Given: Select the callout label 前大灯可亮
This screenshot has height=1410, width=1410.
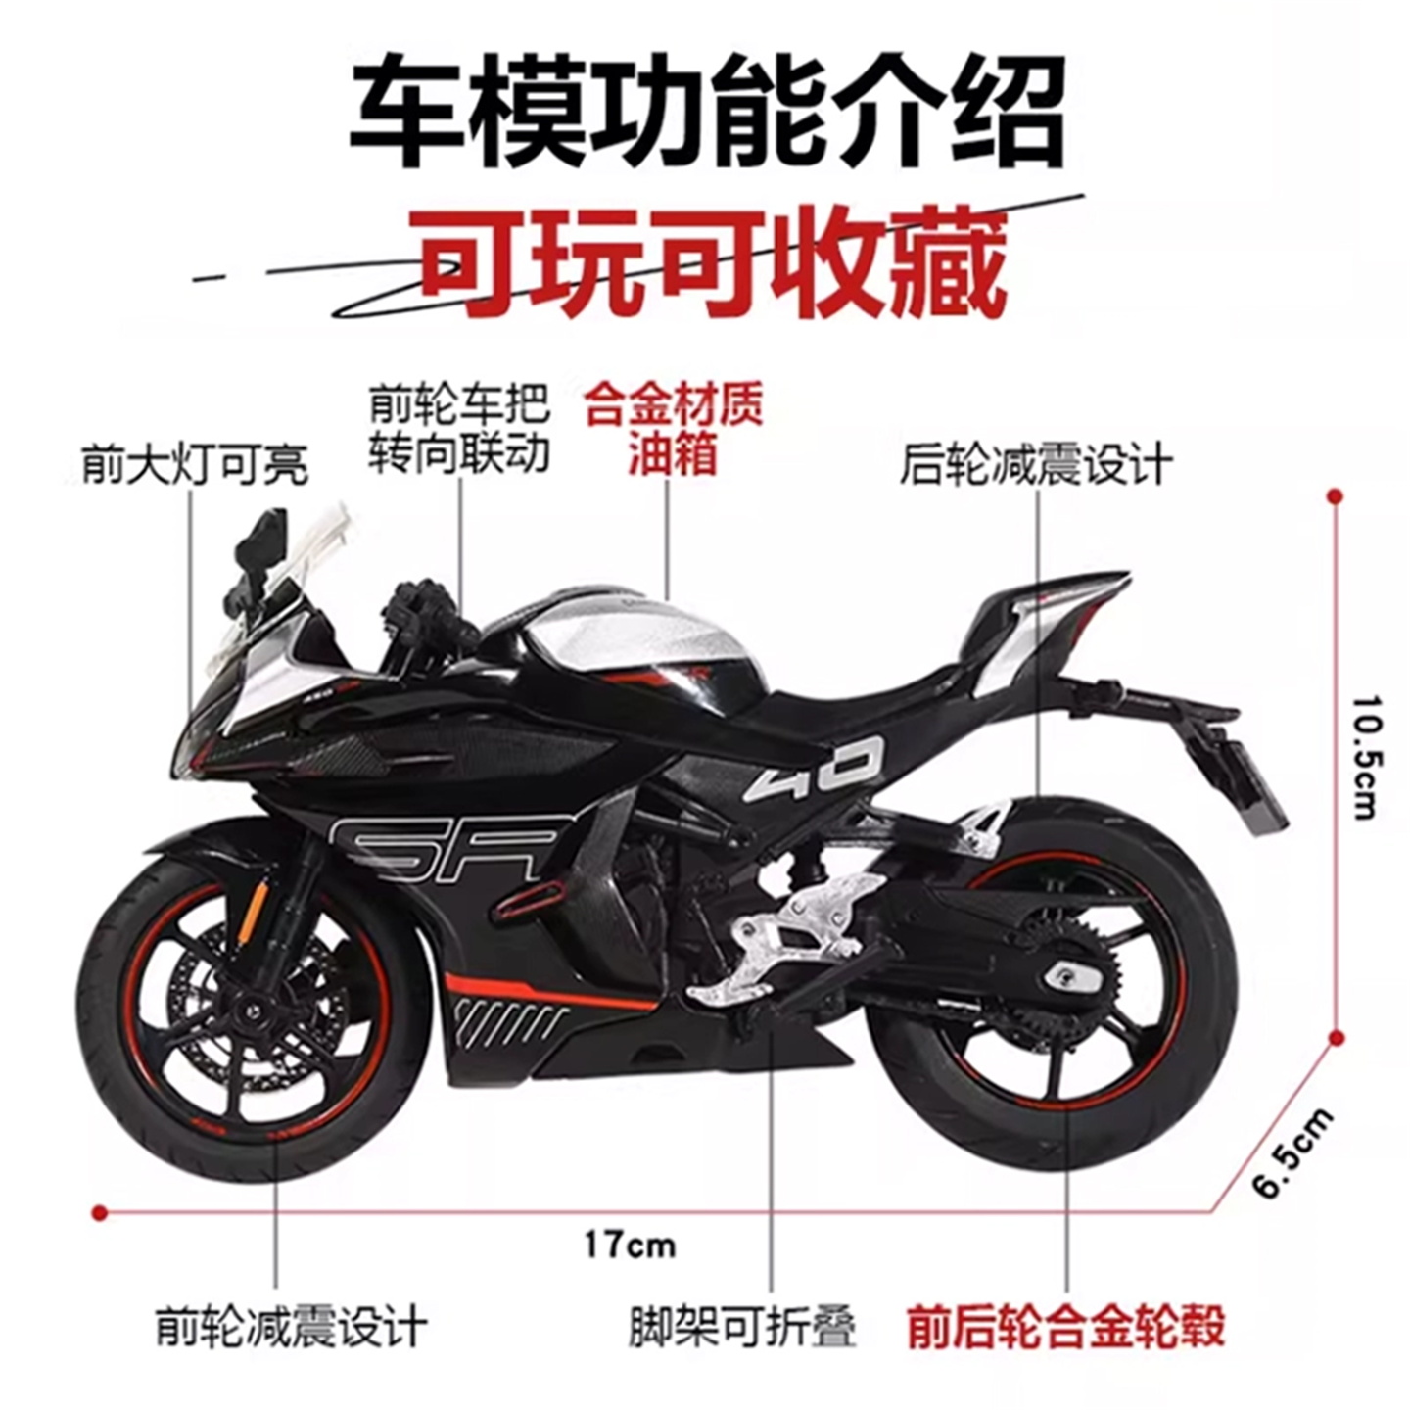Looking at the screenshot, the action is tap(195, 464).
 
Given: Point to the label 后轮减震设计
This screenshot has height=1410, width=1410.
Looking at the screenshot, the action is tap(1036, 464).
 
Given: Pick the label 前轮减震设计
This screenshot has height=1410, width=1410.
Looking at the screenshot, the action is tap(292, 1328).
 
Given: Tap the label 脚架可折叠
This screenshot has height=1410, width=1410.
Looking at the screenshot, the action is tap(742, 1328).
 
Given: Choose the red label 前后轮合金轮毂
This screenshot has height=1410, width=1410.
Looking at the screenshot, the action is tap(1065, 1328).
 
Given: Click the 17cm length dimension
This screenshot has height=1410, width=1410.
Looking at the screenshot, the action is tap(630, 1245).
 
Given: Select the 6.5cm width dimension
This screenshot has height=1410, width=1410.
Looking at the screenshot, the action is tap(1293, 1153).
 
